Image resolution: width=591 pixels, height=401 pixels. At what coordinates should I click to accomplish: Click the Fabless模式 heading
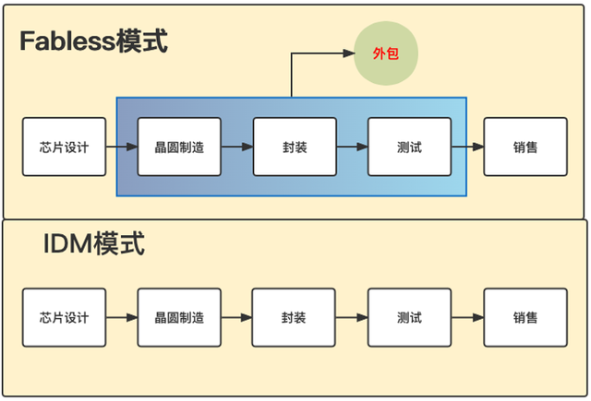[93, 41]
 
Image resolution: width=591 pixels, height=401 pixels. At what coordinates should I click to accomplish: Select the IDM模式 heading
[94, 243]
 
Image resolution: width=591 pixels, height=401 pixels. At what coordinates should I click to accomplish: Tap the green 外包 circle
[386, 53]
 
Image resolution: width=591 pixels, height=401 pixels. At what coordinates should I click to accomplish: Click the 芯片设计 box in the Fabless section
[64, 147]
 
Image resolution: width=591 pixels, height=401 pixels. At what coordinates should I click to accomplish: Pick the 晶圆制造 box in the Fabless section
[179, 147]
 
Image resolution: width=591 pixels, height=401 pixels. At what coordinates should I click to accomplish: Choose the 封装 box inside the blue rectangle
[295, 147]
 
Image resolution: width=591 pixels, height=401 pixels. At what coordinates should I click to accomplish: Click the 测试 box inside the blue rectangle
[410, 147]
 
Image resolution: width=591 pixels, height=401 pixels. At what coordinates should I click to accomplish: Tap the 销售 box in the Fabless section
[525, 147]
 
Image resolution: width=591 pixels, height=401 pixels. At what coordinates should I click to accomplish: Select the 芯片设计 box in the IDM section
[64, 317]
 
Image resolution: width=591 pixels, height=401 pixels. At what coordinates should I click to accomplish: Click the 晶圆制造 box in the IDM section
[179, 317]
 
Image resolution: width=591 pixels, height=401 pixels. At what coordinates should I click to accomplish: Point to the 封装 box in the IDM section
[294, 317]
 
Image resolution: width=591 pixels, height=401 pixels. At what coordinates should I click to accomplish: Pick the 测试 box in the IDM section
[410, 317]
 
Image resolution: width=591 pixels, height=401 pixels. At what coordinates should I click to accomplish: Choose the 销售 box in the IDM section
[525, 317]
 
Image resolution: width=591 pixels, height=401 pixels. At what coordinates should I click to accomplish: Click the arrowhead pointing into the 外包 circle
[349, 53]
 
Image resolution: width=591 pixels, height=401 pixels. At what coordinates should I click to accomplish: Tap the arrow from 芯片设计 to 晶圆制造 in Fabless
[122, 147]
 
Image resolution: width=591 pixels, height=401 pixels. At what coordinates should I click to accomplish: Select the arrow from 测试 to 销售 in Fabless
[468, 147]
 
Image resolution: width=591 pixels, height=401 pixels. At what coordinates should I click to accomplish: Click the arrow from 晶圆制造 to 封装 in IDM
[236, 317]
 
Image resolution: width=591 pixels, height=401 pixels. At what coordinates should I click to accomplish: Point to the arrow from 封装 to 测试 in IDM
[352, 317]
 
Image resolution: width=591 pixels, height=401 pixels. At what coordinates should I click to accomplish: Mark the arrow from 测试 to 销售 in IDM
[468, 317]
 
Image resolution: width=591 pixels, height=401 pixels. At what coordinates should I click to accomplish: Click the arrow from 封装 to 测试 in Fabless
[353, 147]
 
